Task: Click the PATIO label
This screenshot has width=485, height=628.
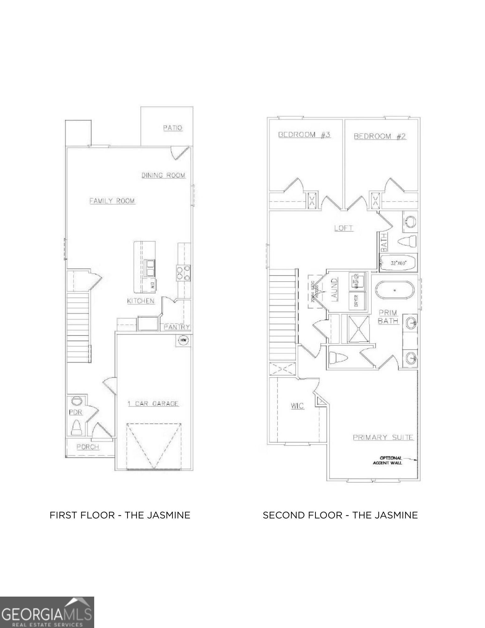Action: coord(173,128)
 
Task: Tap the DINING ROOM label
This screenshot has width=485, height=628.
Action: coord(163,175)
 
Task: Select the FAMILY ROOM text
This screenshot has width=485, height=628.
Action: coord(112,201)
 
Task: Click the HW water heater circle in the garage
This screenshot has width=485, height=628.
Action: coord(184,340)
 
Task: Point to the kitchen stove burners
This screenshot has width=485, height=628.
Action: coord(183,273)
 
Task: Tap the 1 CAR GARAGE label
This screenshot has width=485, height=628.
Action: coord(153,403)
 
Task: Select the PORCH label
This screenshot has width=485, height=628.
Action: coord(88,447)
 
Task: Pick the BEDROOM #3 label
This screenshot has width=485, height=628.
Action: coord(304,135)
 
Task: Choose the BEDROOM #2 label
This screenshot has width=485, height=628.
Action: coord(380,136)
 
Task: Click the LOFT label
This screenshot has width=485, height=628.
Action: coord(343,228)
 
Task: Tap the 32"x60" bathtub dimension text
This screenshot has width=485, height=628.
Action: coord(399,263)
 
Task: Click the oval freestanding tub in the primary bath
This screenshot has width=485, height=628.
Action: coord(394,290)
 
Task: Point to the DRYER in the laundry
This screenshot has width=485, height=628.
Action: coord(356,300)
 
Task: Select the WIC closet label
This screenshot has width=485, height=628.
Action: coord(297,406)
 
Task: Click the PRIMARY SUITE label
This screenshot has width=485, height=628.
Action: coord(383,437)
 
